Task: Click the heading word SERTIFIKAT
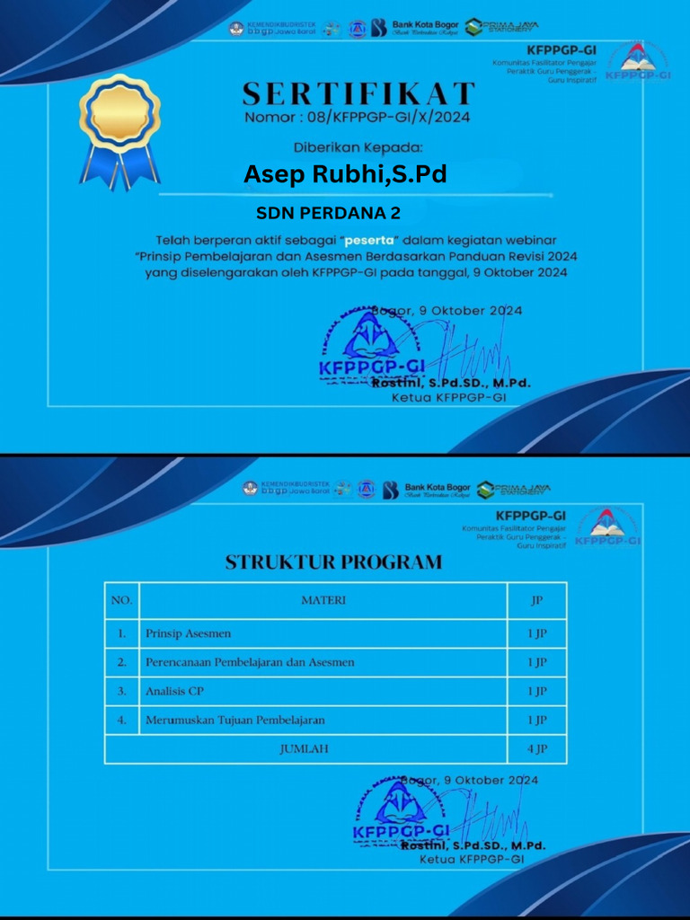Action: (x=358, y=93)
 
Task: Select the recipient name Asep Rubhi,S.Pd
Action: (x=345, y=174)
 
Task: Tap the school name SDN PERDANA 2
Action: (x=329, y=214)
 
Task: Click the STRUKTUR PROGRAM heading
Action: (x=333, y=562)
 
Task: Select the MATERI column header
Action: (x=323, y=600)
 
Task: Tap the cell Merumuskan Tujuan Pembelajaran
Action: (x=234, y=720)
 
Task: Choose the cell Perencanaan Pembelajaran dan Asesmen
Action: (x=250, y=662)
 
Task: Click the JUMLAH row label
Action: (x=303, y=748)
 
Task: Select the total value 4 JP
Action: (x=536, y=748)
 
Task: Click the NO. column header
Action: (x=121, y=600)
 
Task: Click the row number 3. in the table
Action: (x=121, y=691)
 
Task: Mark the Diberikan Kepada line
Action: (x=358, y=146)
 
